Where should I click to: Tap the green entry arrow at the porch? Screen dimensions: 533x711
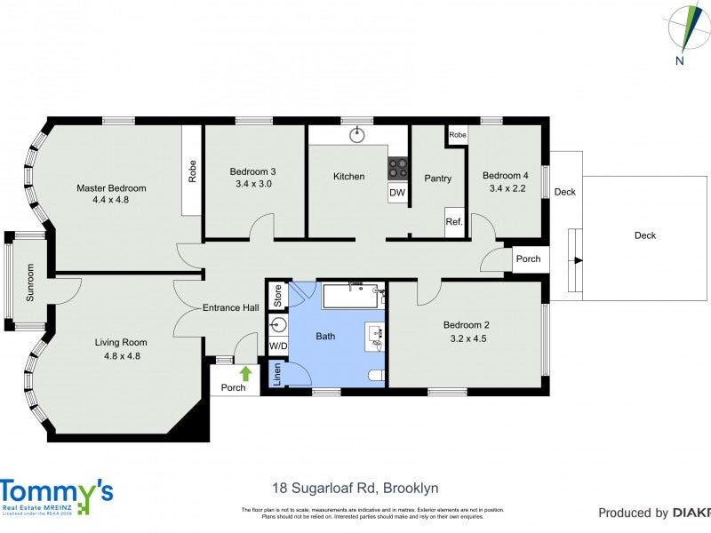(x=245, y=374)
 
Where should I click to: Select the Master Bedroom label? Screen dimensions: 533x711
(x=111, y=187)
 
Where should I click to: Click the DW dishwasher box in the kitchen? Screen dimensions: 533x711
(x=396, y=193)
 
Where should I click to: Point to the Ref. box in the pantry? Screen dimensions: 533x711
(x=454, y=222)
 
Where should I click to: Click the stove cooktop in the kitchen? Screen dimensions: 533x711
(x=397, y=167)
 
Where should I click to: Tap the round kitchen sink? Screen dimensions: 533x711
(x=357, y=135)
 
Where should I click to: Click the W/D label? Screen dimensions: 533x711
(x=278, y=346)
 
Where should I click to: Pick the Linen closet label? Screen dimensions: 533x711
(x=277, y=374)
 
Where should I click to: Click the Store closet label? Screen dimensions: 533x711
(x=277, y=296)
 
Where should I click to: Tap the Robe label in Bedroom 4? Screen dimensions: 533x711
(x=457, y=135)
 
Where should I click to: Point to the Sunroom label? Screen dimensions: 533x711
(x=29, y=282)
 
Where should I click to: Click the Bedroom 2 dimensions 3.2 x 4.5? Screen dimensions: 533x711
(x=466, y=338)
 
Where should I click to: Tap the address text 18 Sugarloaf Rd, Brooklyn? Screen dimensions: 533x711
(x=355, y=488)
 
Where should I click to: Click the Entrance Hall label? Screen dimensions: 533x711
(x=230, y=307)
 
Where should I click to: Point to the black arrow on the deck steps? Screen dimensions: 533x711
(x=578, y=260)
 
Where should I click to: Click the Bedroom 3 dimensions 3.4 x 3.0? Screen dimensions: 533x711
(x=252, y=184)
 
